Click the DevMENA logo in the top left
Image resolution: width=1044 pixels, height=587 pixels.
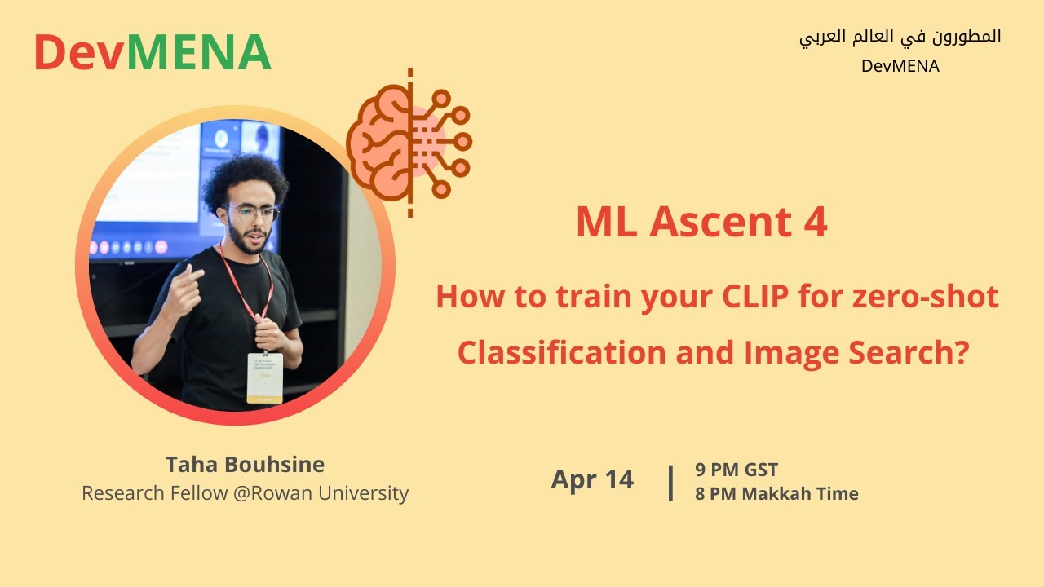pos(152,52)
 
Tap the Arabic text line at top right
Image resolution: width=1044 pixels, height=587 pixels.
pos(900,37)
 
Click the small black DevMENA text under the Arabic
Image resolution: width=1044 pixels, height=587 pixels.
pos(900,67)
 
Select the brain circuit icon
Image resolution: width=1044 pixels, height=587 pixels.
pos(409,143)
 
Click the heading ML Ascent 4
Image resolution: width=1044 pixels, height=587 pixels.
pos(701,223)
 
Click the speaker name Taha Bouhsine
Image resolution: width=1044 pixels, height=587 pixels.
pos(245,465)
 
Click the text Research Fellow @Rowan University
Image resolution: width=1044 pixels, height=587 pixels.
pos(245,493)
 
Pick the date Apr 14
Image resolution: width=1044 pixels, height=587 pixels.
pos(592,479)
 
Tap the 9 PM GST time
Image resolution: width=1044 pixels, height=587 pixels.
pos(736,470)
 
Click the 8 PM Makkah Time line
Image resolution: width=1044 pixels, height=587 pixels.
pos(776,493)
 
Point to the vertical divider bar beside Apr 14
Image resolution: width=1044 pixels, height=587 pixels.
pos(670,482)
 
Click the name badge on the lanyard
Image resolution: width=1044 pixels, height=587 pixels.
pos(264,377)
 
